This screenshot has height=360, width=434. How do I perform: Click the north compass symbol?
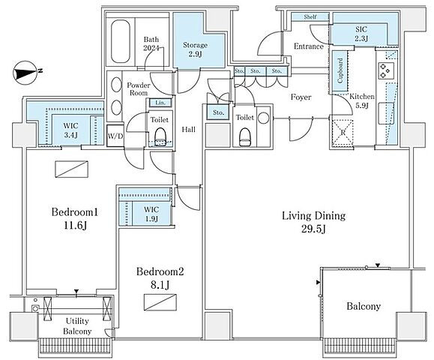click(26, 73)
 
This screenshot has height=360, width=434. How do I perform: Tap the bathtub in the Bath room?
click(121, 41)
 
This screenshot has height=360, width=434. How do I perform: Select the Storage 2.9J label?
click(195, 49)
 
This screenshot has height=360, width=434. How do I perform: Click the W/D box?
click(115, 136)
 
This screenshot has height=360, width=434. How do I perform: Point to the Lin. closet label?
click(160, 103)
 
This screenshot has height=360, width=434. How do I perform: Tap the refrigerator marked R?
click(343, 133)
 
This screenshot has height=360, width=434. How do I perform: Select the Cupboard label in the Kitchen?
click(340, 70)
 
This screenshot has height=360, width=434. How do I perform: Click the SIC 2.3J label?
click(361, 34)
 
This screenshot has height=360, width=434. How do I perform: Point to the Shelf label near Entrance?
click(310, 16)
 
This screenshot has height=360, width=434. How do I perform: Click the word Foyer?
click(301, 97)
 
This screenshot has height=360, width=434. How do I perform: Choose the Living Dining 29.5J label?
click(313, 222)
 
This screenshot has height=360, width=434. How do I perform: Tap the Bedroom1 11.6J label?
click(75, 219)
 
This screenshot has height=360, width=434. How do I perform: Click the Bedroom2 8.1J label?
click(160, 277)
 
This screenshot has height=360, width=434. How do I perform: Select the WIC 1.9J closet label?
click(151, 214)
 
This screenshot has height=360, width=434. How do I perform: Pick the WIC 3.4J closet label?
click(71, 130)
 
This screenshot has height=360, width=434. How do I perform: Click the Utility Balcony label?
click(77, 326)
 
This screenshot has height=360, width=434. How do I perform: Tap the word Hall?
click(188, 129)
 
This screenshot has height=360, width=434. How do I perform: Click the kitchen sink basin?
click(386, 113)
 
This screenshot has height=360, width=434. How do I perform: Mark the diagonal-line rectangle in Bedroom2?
click(160, 302)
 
